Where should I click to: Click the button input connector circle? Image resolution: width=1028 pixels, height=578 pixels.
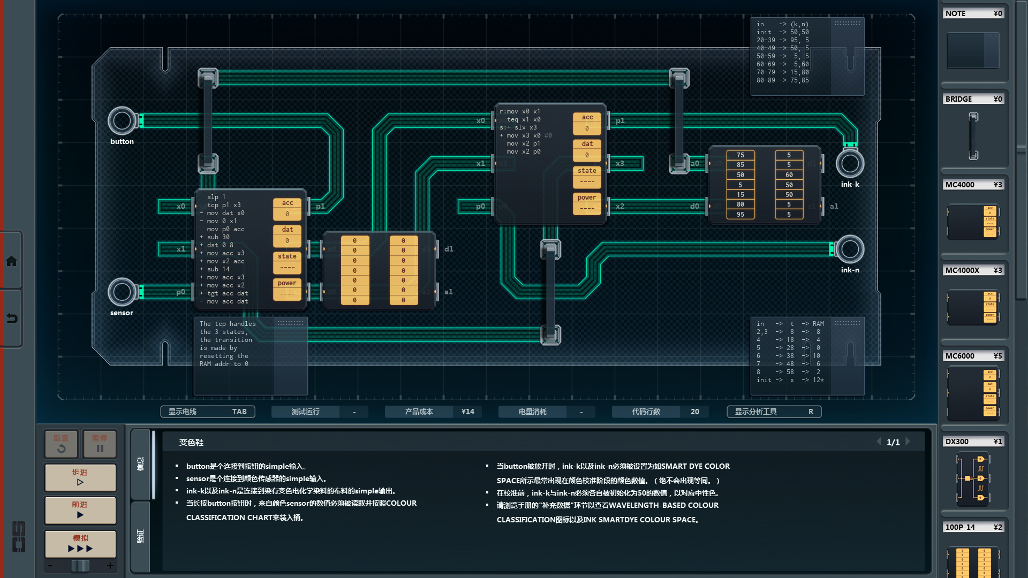122,121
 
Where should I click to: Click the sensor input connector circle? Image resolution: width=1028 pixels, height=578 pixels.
122,292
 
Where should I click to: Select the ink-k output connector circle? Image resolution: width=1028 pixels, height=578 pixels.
850,164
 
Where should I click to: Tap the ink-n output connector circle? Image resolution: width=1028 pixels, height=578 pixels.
850,249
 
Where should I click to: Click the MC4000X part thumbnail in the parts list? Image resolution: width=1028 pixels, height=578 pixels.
973,307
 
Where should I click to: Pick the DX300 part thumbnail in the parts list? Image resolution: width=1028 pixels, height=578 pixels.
973,478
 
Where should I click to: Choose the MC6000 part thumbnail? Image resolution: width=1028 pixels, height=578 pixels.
973,393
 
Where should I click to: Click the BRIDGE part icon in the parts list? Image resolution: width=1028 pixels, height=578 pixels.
973,136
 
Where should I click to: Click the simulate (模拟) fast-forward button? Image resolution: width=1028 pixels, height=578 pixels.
80,544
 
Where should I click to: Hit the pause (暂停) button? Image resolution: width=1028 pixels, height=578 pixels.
100,444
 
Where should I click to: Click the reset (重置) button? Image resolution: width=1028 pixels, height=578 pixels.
61,444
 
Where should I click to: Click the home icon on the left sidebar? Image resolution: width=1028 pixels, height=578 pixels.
11,261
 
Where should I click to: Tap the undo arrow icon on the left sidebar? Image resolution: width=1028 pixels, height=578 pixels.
11,318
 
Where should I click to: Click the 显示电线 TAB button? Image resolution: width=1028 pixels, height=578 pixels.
207,412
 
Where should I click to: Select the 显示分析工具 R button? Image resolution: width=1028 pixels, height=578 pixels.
773,412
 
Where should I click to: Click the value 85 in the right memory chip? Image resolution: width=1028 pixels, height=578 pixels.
740,165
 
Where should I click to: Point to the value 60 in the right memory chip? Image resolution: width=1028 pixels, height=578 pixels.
789,175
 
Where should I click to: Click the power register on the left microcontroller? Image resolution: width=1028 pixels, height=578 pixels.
287,288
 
